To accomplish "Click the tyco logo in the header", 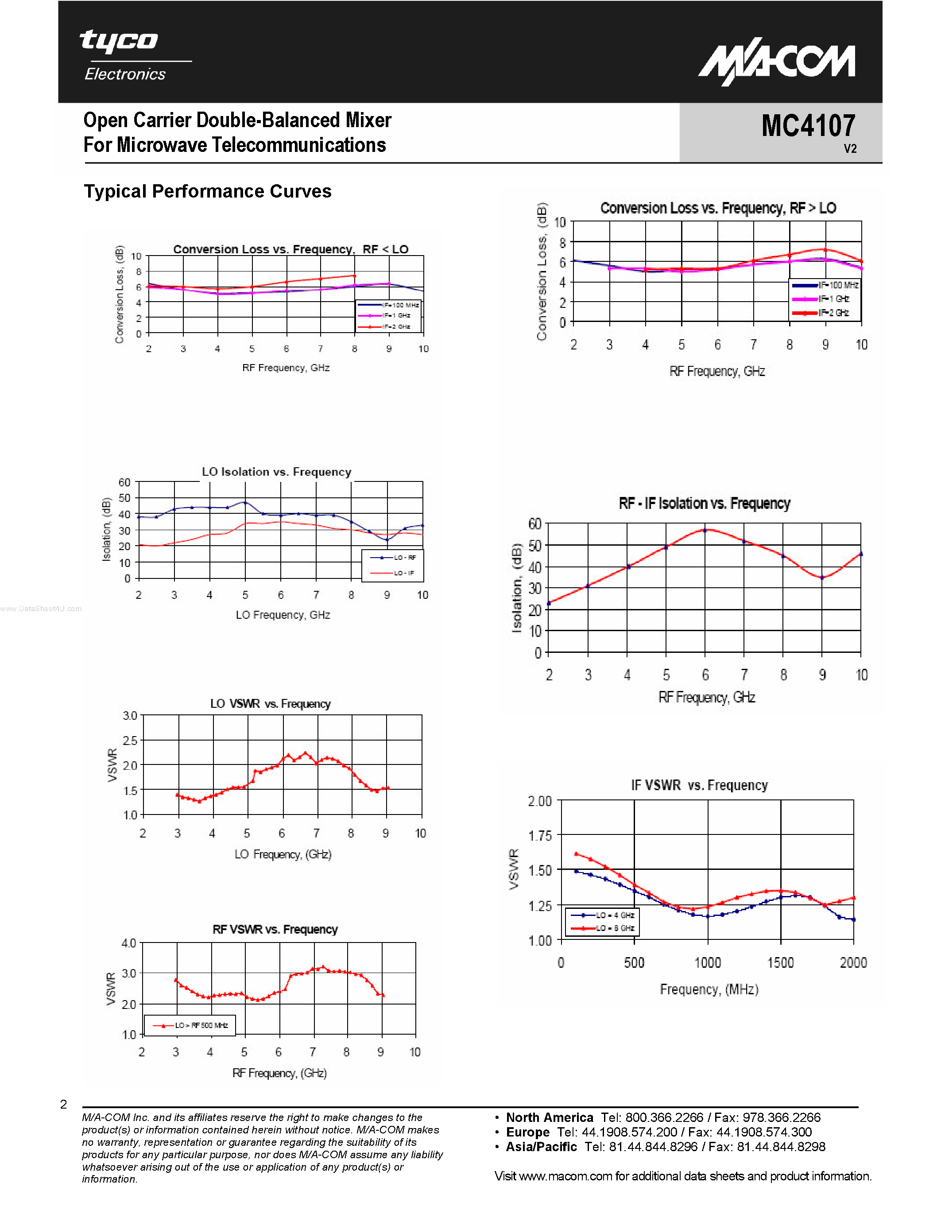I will [x=119, y=41].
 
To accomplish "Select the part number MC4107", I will [x=808, y=125].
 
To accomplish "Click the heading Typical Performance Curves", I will [x=207, y=191].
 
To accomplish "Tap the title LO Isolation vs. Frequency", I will [x=276, y=472].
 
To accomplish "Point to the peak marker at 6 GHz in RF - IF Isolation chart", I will [x=705, y=530].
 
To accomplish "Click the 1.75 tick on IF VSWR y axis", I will [x=540, y=835].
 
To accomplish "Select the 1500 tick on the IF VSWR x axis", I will [x=780, y=962].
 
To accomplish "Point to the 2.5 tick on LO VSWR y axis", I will [x=130, y=741].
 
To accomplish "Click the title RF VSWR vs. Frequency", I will [x=275, y=929].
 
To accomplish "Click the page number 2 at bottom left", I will [x=64, y=1104].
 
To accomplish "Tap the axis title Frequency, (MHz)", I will [x=709, y=989].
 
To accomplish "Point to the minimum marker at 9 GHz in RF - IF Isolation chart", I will [x=822, y=578].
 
